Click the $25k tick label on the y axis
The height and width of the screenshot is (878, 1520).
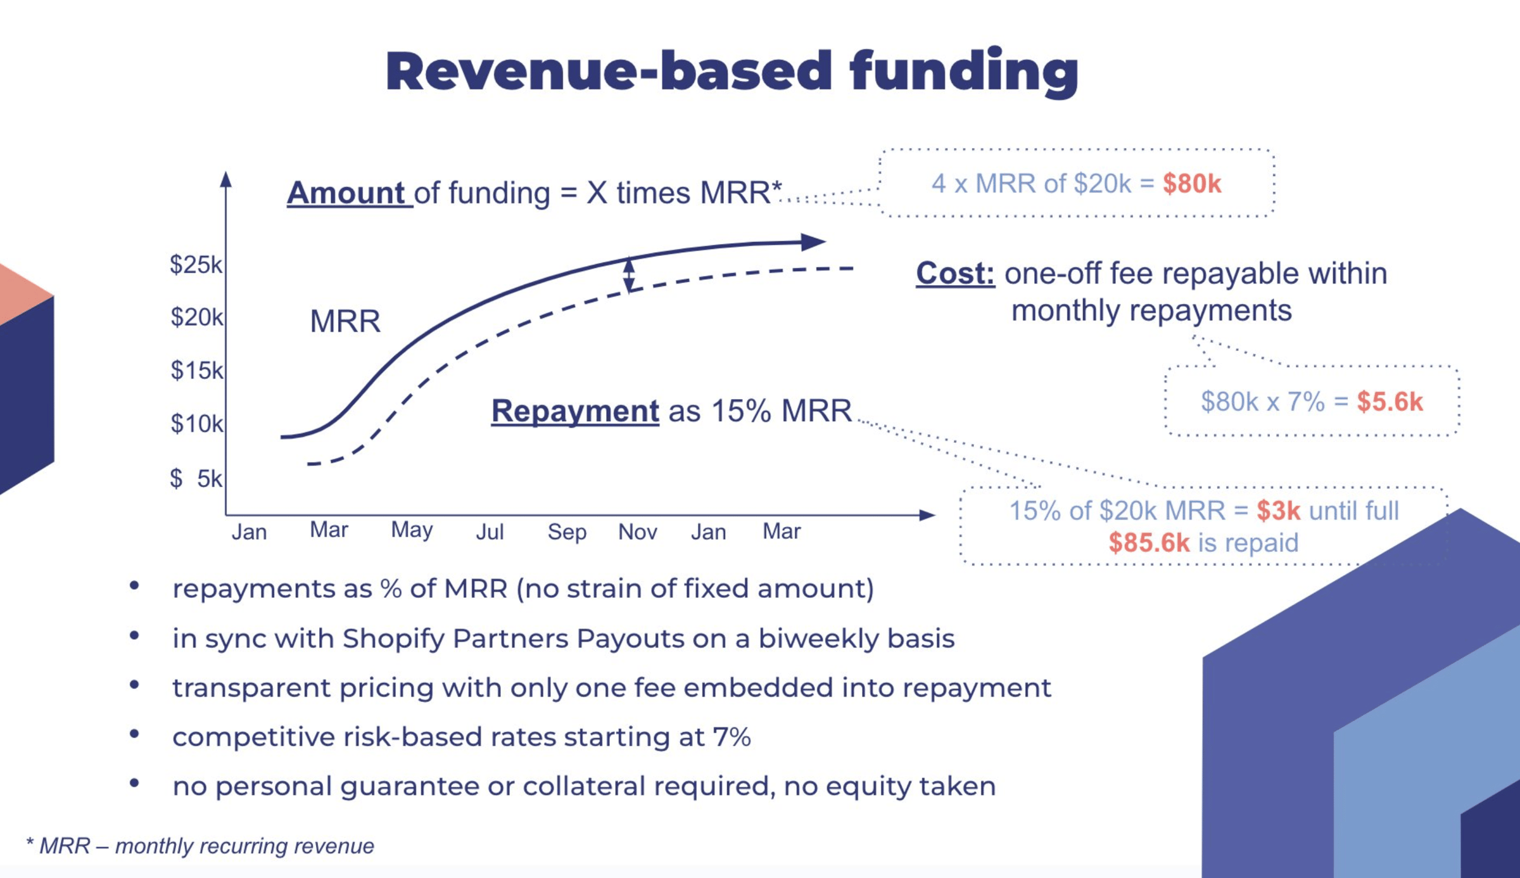[x=196, y=265]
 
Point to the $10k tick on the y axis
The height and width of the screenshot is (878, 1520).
[x=196, y=423]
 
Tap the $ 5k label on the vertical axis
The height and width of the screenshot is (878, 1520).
[x=196, y=478]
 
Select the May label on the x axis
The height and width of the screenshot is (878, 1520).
[x=412, y=530]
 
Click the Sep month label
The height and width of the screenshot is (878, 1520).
[x=567, y=532]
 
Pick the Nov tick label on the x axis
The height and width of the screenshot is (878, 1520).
[x=637, y=532]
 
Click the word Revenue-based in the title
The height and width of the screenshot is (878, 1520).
[x=608, y=71]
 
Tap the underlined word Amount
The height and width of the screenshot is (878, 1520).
[x=346, y=193]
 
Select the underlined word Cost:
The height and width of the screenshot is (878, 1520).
[x=955, y=274]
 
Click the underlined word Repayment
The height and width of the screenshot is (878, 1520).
[x=575, y=410]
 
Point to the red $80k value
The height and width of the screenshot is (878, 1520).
[x=1192, y=184]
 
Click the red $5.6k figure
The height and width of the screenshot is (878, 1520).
[x=1390, y=402]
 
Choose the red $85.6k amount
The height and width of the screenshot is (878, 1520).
[x=1149, y=543]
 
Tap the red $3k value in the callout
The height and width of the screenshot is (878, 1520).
[x=1278, y=511]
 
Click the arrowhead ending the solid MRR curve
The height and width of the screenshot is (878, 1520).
[x=813, y=242]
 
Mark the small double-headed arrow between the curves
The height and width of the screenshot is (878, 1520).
[x=629, y=275]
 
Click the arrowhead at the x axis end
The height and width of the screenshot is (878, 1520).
[x=927, y=515]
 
